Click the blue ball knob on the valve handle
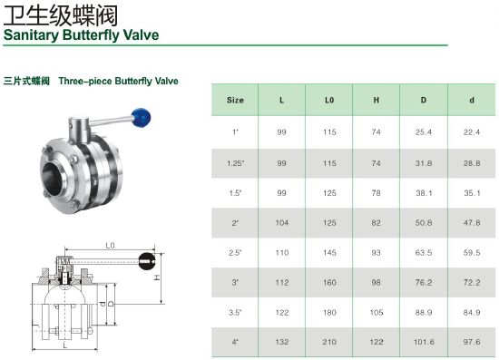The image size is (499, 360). [x=141, y=118]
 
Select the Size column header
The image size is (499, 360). [x=235, y=100]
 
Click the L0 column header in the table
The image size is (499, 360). [x=329, y=100]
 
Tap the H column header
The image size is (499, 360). [x=377, y=100]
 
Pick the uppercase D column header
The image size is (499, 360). [x=424, y=100]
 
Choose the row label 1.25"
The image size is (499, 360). [x=236, y=163]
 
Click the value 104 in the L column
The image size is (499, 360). [x=282, y=223]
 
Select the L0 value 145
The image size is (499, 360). [x=329, y=253]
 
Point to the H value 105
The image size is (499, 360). [x=377, y=313]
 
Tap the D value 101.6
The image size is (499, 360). [x=424, y=342]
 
